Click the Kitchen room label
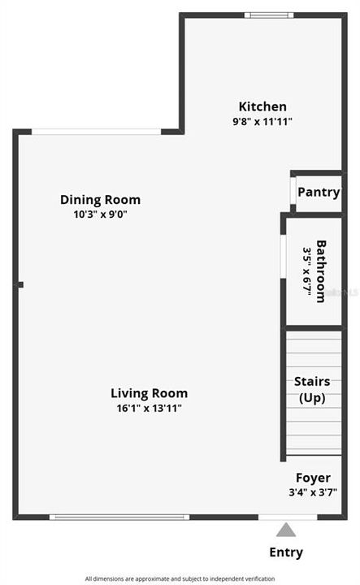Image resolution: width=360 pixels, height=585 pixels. tap(262, 106)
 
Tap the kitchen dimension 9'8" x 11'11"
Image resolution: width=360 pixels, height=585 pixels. tap(262, 122)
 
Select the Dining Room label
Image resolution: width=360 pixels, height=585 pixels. tap(100, 200)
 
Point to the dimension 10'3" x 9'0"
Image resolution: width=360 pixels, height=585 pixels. tap(100, 214)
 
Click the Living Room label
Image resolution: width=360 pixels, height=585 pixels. tap(150, 393)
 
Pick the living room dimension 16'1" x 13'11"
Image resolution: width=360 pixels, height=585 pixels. tap(150, 408)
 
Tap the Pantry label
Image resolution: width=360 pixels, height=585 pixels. tap(319, 193)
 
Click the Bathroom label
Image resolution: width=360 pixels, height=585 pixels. tap(321, 271)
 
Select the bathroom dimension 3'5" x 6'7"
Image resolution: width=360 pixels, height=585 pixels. tap(307, 271)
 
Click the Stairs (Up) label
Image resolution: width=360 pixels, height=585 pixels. tap(312, 389)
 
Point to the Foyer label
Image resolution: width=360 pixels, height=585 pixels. tap(313, 478)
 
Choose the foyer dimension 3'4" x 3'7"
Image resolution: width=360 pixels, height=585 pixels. tap(313, 492)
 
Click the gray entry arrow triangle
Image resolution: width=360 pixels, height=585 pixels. tap(286, 530)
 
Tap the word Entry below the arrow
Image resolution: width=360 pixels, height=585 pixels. tap(286, 552)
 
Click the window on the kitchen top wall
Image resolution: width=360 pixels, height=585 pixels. tap(269, 15)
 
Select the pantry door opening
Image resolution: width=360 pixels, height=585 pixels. tap(293, 191)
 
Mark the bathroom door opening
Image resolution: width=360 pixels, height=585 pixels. tap(283, 256)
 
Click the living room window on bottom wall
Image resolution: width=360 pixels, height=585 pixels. tap(119, 517)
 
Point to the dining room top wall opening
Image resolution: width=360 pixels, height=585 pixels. tap(96, 132)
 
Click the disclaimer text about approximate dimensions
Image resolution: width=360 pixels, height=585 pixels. tap(180, 578)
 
